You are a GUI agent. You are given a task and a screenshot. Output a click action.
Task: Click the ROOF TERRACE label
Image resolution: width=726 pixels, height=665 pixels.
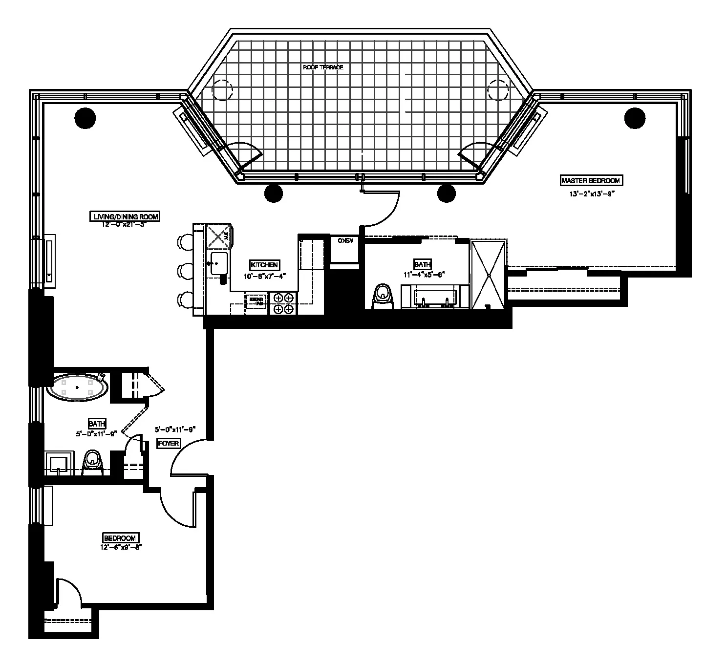coord(323,67)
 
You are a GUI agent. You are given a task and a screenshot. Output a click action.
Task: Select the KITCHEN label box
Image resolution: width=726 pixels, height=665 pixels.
coord(264,265)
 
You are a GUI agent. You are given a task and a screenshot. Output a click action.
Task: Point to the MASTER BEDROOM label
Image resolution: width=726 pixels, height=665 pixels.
coord(591,181)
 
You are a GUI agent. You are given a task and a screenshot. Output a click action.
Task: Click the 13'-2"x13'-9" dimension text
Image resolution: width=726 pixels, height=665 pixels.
coord(591,193)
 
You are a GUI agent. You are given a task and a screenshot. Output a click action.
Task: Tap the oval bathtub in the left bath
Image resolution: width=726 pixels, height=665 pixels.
coord(77,387)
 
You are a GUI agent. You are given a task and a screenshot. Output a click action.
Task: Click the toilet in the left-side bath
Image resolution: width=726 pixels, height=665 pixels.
coord(92,462)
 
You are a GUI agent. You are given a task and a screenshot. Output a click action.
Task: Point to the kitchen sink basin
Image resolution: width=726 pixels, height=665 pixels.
coord(218,264)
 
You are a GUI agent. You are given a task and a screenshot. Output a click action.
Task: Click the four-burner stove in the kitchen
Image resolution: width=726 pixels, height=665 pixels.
coord(283,303)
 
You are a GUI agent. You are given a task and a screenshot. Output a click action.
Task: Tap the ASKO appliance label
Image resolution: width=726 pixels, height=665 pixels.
coord(345,241)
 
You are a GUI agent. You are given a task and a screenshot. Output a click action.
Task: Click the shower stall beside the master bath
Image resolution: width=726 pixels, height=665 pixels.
coord(488,274)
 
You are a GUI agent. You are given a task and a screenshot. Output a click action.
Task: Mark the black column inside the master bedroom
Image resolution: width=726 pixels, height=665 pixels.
coord(634,118)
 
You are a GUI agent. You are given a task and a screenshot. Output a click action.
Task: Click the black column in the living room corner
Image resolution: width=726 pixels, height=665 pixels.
coord(85,116)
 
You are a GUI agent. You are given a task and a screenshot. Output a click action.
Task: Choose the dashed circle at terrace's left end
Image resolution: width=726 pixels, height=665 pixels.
coord(222,90)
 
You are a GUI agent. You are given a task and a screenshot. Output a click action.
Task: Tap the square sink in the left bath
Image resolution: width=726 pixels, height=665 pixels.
coord(59,462)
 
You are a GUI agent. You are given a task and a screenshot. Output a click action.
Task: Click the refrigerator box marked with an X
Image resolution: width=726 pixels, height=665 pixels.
coord(218,236)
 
